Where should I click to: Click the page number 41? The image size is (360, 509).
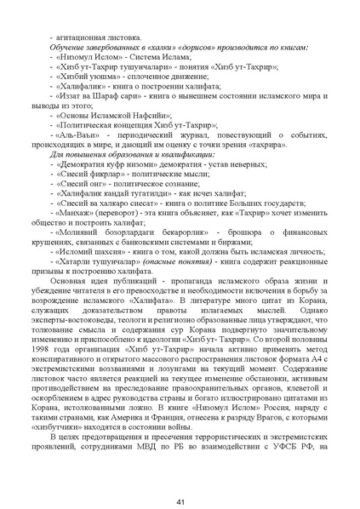coord(180,478)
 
